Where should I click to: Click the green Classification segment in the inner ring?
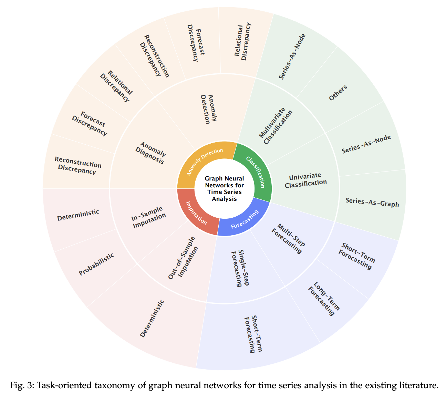(256, 172)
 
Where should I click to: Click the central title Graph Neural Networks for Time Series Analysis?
(224, 188)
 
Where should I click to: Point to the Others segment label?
(338, 93)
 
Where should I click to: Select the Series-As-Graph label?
(372, 202)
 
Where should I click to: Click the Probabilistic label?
(96, 264)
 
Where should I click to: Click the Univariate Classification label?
(305, 180)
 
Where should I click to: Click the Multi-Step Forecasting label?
(288, 238)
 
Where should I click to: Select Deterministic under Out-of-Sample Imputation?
(152, 319)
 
